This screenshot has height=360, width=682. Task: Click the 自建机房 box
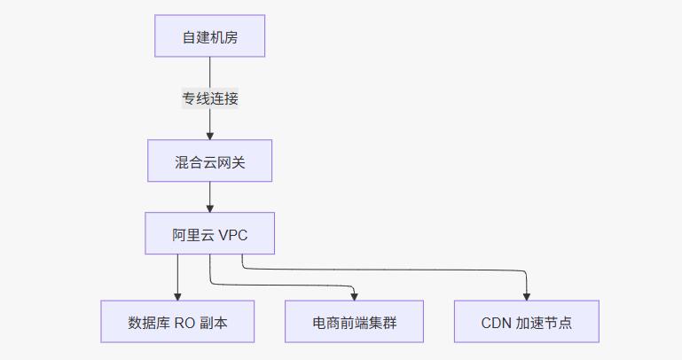point(209,36)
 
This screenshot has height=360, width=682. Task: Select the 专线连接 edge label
point(210,98)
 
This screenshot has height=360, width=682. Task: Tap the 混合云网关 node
point(209,161)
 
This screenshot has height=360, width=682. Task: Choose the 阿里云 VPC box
point(209,234)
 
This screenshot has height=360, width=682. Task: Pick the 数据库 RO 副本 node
point(177,322)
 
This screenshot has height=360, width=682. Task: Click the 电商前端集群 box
point(354,322)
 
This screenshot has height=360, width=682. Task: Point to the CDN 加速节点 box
point(526,322)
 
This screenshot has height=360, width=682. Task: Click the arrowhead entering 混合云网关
point(210,135)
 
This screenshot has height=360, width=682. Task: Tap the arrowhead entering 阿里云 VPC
point(210,207)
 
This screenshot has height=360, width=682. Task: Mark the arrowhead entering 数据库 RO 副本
point(177,296)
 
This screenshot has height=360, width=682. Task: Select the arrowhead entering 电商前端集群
point(355,296)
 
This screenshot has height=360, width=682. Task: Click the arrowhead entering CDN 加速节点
point(527,296)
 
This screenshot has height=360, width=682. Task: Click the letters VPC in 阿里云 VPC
point(232,235)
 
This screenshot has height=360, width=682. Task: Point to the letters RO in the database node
point(184,323)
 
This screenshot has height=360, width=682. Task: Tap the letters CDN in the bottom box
point(496,323)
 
